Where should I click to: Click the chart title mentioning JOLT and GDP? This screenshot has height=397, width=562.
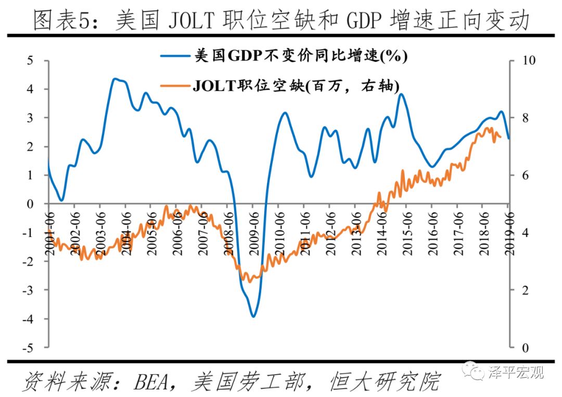pyautogui.click(x=281, y=21)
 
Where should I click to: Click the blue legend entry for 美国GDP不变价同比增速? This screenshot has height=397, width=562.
pyautogui.click(x=284, y=56)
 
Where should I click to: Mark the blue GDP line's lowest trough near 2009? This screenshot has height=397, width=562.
pyautogui.click(x=253, y=316)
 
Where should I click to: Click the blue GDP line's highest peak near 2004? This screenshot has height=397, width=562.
pyautogui.click(x=116, y=79)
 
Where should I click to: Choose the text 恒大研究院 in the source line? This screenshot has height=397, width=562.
pyautogui.click(x=385, y=382)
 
